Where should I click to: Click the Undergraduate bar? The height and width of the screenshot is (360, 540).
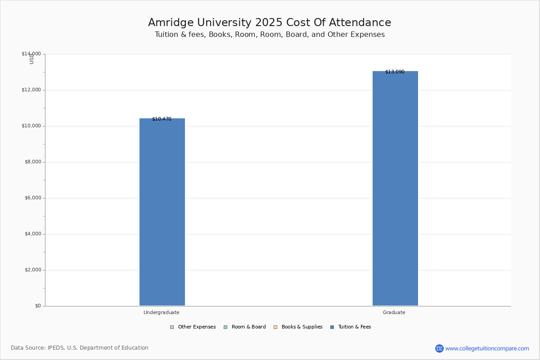162,212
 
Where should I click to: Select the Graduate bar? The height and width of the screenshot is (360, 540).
396,188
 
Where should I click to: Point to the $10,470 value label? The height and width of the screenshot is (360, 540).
162,119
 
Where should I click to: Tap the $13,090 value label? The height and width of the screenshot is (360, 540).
395,72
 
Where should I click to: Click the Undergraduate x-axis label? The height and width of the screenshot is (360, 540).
162,312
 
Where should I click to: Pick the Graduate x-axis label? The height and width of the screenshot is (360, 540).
394,312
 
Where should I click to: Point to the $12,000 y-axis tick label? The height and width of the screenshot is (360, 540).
31,90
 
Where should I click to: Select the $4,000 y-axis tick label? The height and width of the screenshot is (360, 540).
33,234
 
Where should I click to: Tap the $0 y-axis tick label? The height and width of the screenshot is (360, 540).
38,306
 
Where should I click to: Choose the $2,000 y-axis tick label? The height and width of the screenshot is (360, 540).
33,270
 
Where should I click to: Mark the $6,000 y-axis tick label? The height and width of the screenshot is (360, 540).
33,198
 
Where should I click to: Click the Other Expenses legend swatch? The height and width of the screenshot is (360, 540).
172,327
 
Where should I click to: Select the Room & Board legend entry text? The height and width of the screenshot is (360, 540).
249,327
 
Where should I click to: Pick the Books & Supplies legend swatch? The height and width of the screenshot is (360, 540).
275,327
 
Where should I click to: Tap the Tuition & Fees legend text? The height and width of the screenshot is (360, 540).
355,327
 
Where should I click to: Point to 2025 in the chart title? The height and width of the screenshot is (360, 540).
269,22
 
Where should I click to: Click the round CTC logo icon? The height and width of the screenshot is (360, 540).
439,348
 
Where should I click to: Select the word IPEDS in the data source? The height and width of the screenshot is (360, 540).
56,348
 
